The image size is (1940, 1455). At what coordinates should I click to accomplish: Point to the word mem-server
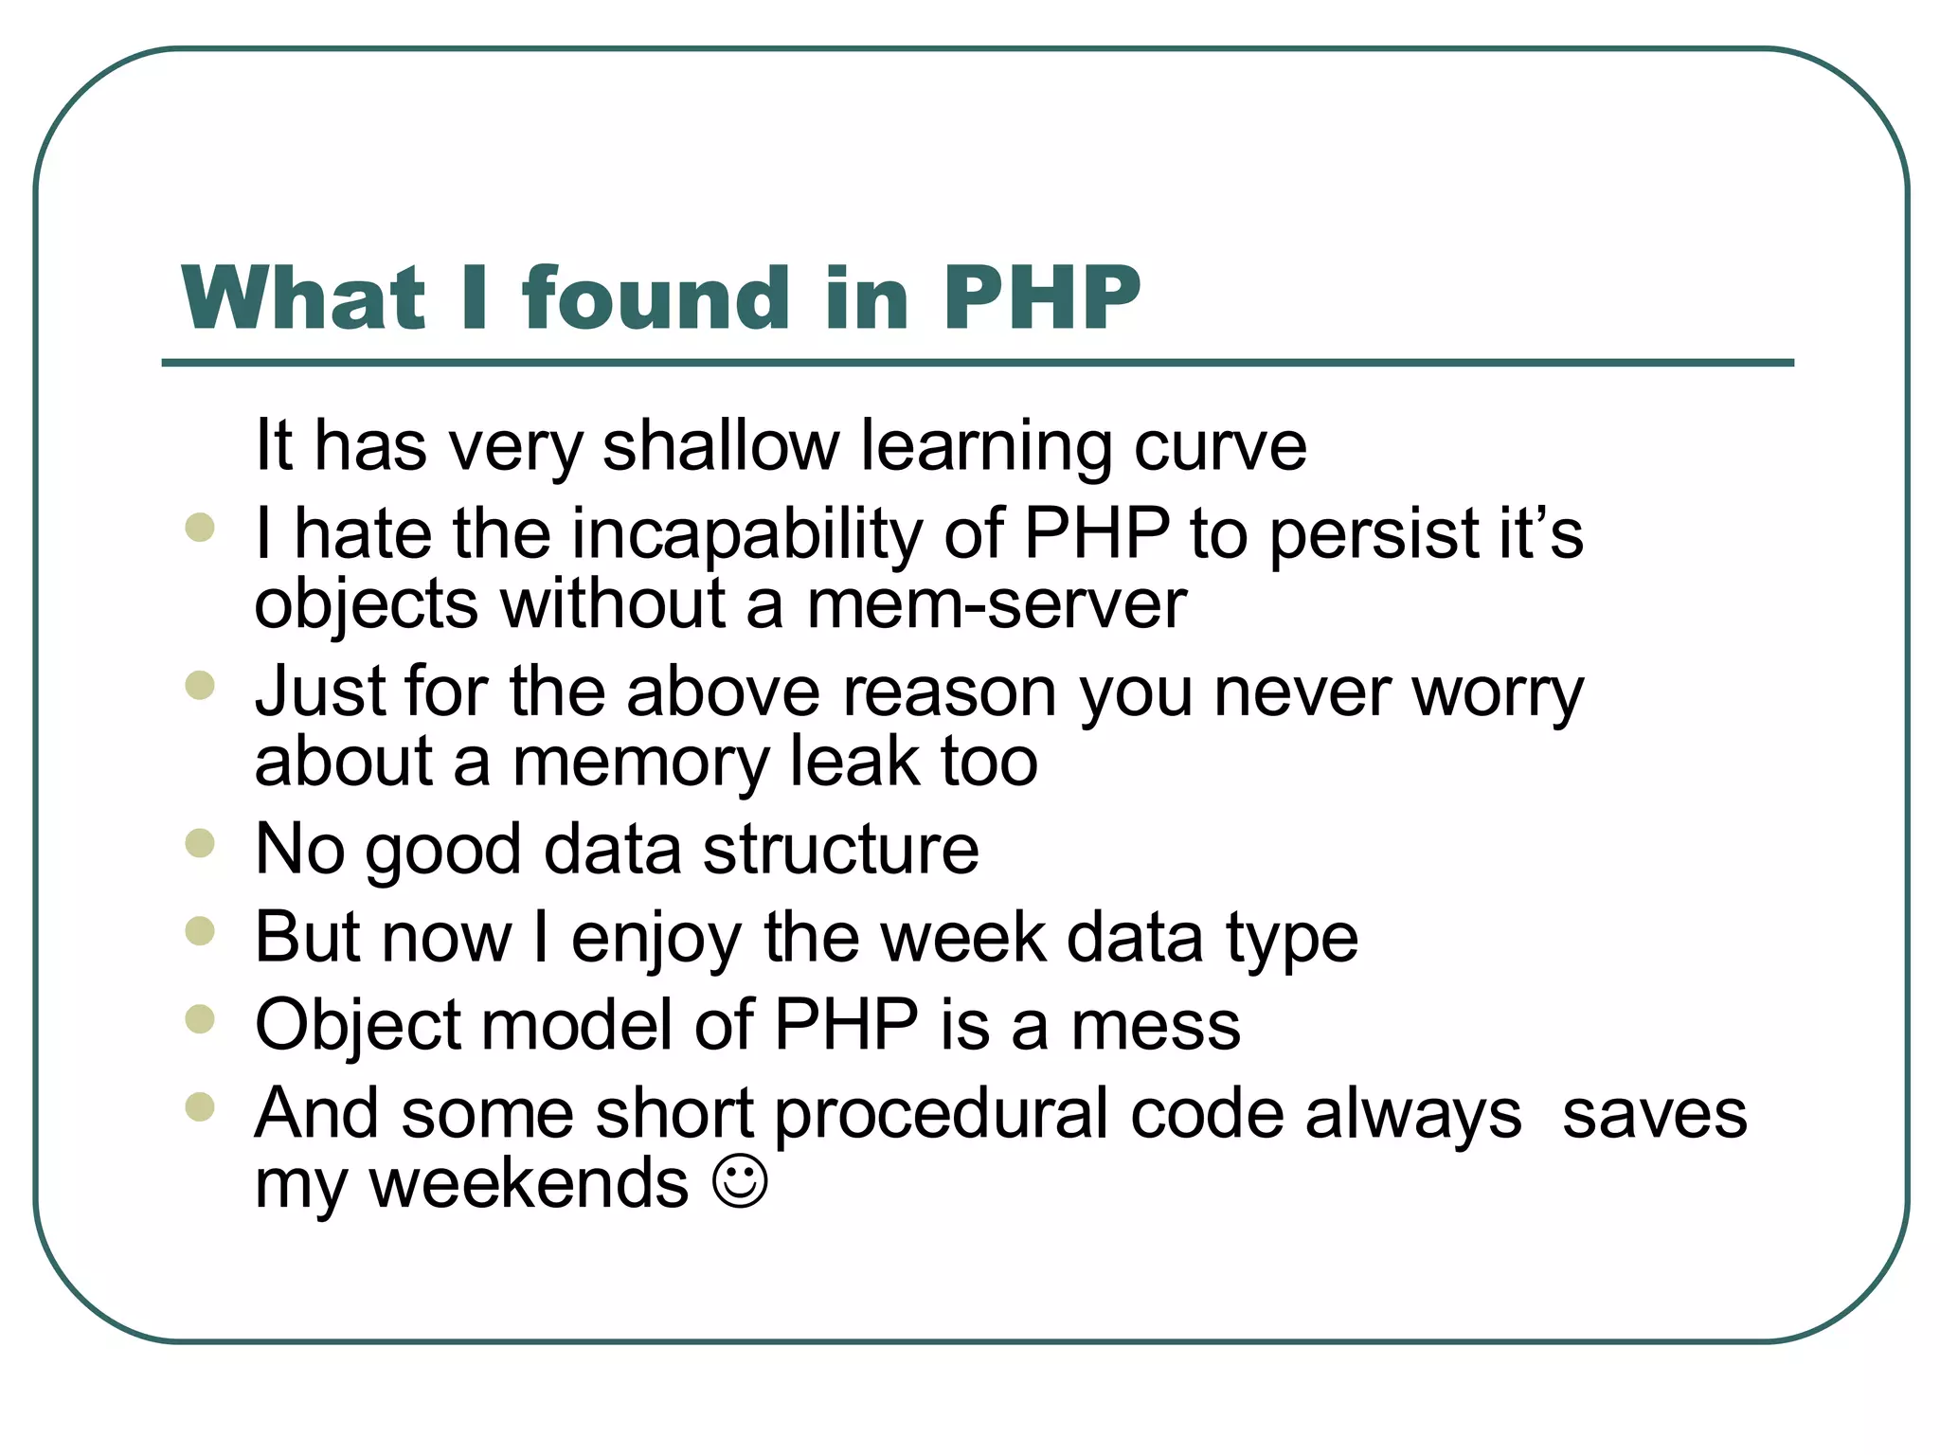(997, 604)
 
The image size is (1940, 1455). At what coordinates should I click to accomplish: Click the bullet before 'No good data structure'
(200, 842)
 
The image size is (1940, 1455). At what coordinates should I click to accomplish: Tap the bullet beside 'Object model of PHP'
(200, 1019)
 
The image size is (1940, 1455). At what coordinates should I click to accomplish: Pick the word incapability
(746, 534)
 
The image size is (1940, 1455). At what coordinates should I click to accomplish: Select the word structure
(841, 849)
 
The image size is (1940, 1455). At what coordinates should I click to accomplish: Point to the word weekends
(529, 1184)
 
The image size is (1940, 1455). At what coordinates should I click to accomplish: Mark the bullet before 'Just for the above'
(200, 684)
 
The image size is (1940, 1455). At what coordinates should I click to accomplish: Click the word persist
(1373, 534)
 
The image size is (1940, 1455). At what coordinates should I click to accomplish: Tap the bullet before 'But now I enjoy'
(200, 931)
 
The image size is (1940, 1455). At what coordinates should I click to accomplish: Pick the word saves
(1654, 1114)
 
